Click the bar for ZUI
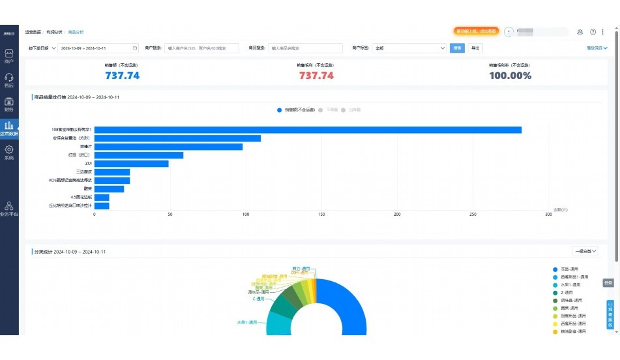[132, 164]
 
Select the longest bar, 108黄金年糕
[308, 130]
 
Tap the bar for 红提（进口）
[139, 155]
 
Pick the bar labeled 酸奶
[109, 189]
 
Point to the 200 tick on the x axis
[397, 214]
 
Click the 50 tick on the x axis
[170, 214]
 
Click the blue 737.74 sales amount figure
[123, 76]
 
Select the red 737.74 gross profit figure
[316, 76]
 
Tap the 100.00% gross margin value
[510, 76]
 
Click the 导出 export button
[475, 48]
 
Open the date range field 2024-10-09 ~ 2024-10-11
[98, 48]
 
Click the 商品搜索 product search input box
[305, 48]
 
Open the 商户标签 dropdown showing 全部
[409, 48]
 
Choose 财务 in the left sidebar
[9, 104]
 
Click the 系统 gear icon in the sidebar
[9, 151]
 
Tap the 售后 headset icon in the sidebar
[9, 79]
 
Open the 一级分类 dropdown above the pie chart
[585, 251]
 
